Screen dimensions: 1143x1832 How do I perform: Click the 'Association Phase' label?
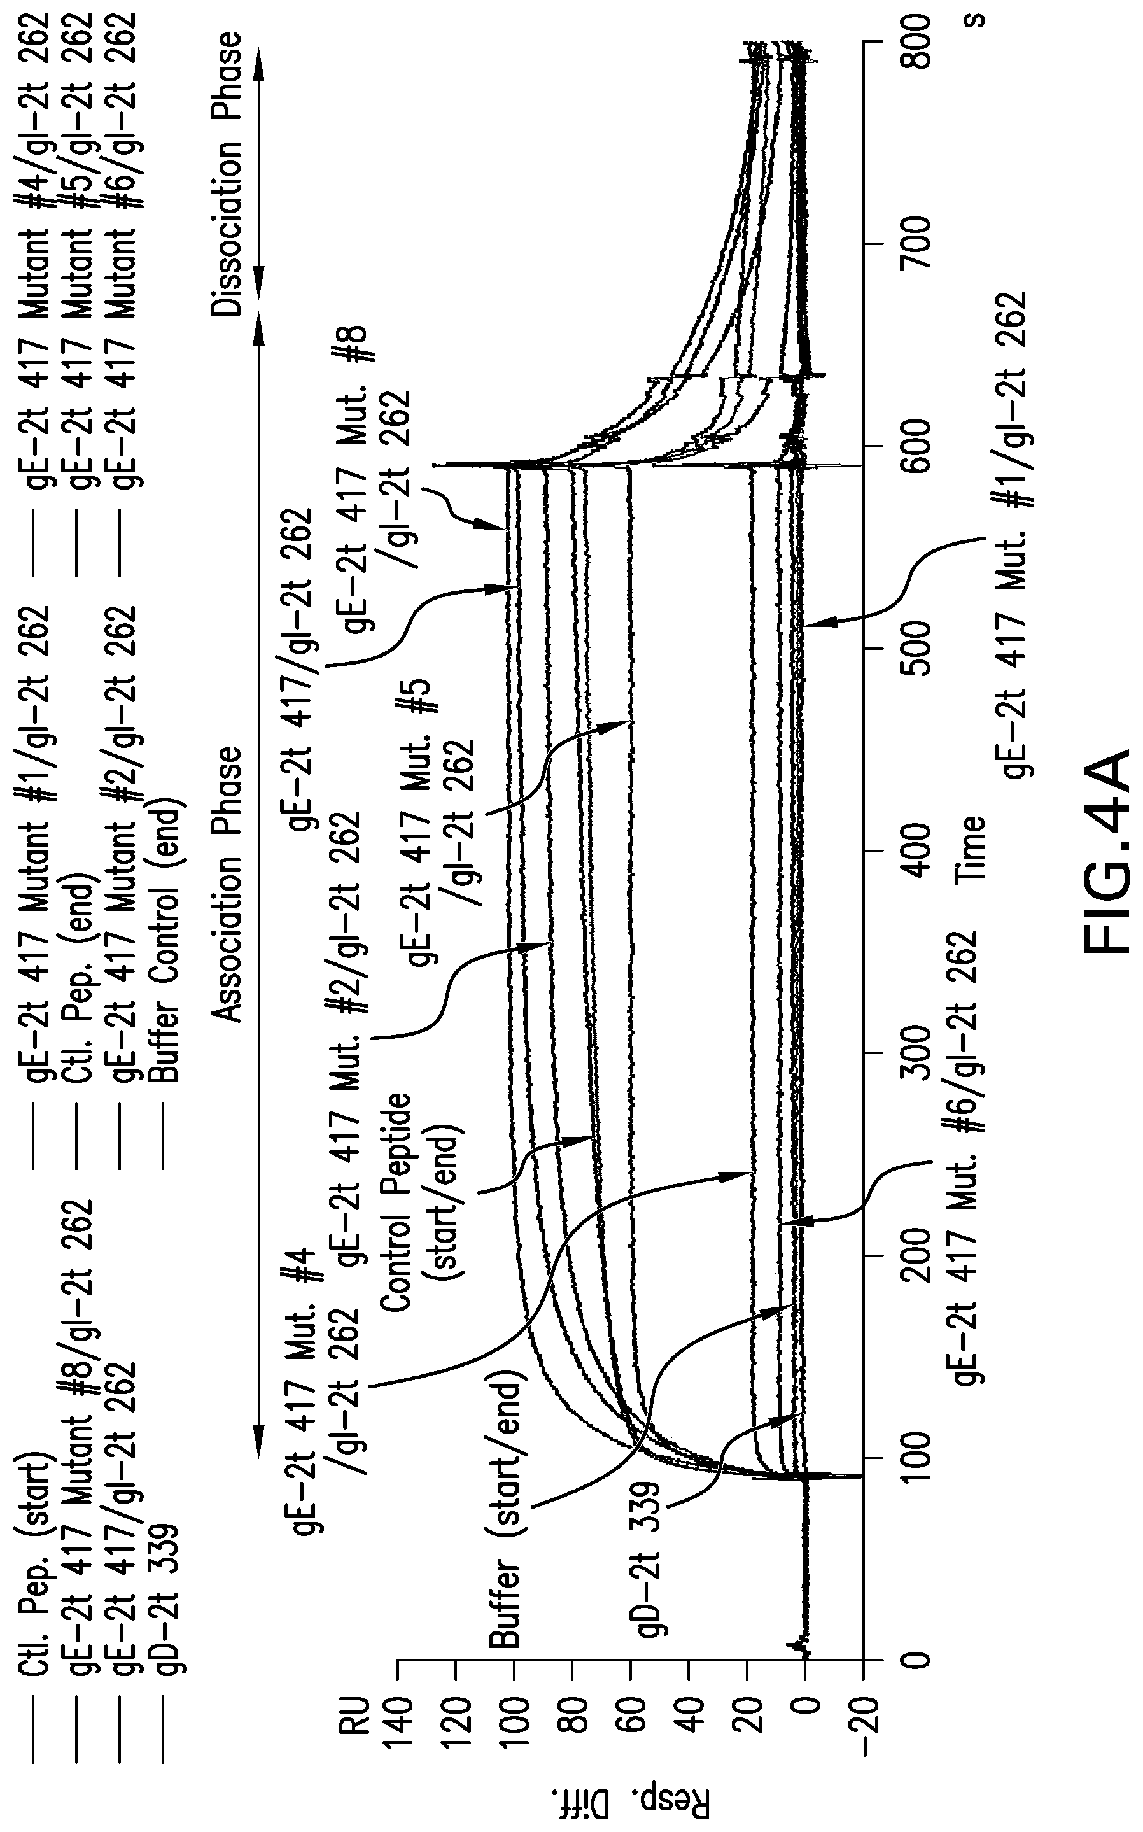tap(228, 885)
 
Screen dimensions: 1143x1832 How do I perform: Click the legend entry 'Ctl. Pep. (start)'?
tap(34, 1617)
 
